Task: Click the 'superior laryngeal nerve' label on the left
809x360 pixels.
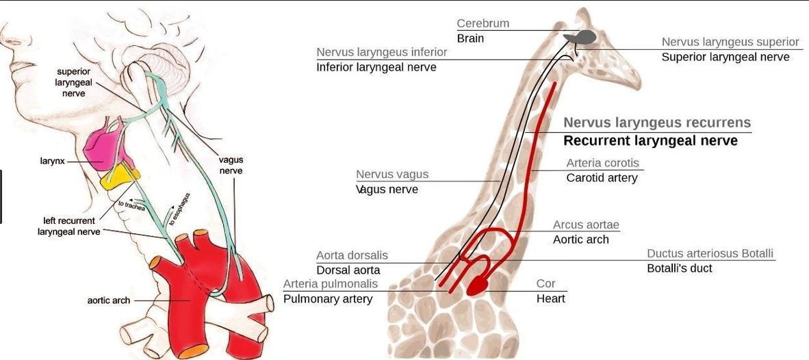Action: click(x=73, y=82)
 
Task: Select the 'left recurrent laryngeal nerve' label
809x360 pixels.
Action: click(x=69, y=227)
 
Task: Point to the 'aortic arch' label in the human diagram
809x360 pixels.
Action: click(x=108, y=300)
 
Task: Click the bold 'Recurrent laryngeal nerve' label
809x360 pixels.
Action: click(x=650, y=141)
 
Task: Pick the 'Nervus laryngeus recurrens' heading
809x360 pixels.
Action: click(x=657, y=123)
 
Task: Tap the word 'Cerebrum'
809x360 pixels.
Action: click(x=483, y=23)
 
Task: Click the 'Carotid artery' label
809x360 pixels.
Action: click(x=602, y=178)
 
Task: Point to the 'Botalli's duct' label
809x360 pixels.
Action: click(x=680, y=268)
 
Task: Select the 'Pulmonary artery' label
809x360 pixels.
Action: click(x=328, y=299)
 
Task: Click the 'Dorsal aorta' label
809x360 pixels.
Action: click(x=348, y=270)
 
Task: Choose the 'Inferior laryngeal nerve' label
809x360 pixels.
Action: click(x=376, y=67)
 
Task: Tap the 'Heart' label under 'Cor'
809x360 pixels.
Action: click(x=551, y=298)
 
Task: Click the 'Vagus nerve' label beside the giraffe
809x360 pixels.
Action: click(x=387, y=190)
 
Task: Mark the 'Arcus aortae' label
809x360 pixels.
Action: click(x=586, y=224)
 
